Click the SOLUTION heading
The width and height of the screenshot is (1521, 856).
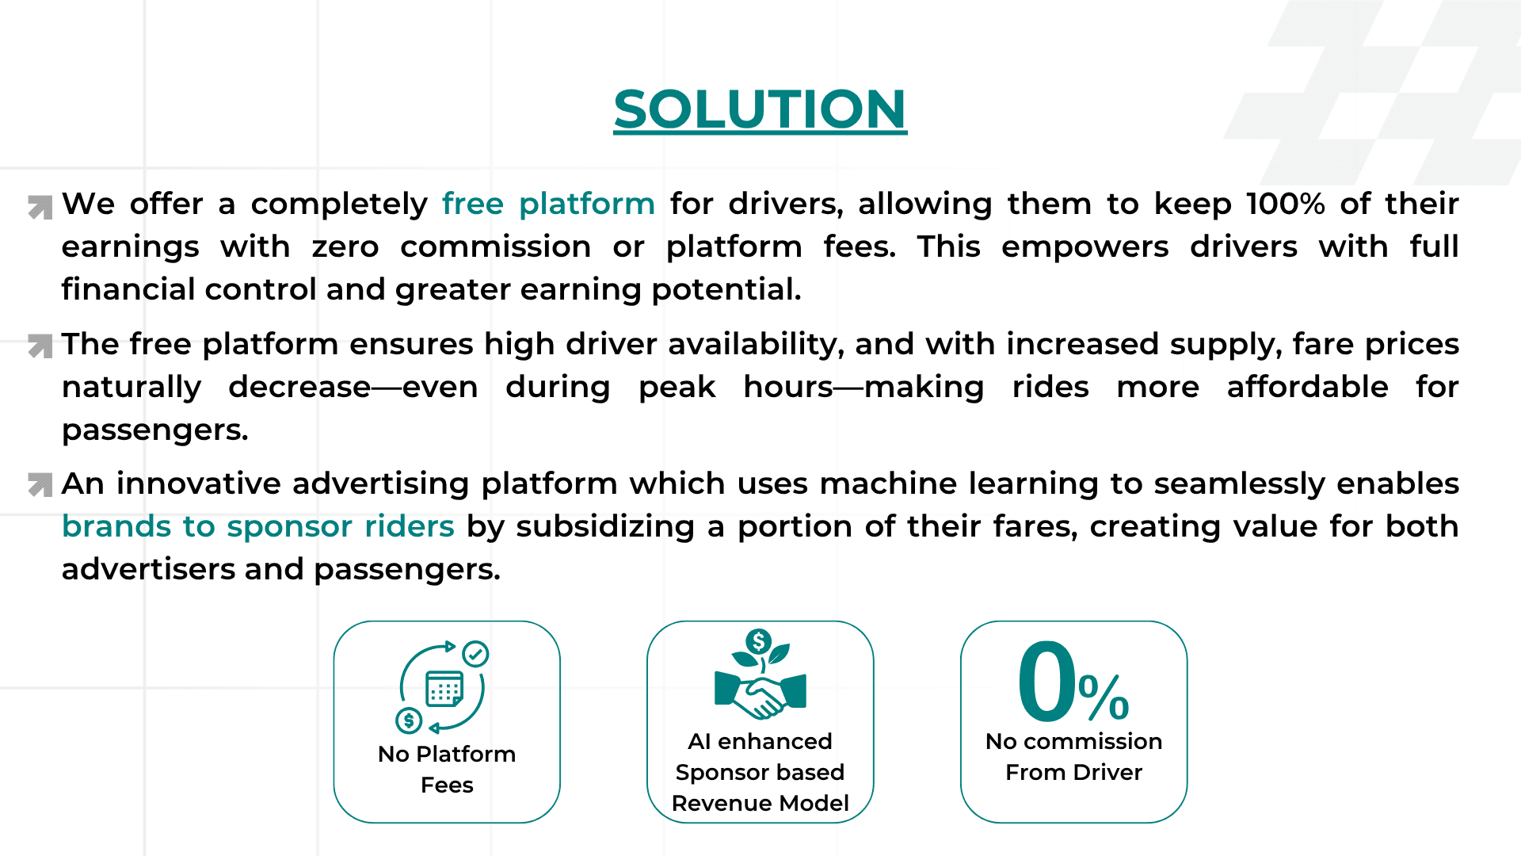point(760,109)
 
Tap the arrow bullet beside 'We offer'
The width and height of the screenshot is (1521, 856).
point(40,207)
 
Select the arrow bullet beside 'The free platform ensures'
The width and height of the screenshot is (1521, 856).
point(40,346)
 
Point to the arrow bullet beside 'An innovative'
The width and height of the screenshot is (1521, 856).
point(40,484)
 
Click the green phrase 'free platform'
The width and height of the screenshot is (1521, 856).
point(548,204)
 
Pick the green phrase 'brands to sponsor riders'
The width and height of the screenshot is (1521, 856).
point(258,527)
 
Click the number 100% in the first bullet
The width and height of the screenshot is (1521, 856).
point(1285,204)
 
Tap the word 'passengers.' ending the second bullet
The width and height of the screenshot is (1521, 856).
point(155,430)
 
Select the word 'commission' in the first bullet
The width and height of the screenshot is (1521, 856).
point(495,247)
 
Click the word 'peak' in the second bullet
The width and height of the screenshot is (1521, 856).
point(677,388)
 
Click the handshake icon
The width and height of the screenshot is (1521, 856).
point(760,694)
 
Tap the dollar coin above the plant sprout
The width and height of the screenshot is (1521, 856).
point(759,641)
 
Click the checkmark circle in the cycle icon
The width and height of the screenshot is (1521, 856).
point(475,654)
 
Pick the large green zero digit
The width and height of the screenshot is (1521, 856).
point(1046,682)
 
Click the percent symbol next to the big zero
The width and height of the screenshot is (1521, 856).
point(1104,697)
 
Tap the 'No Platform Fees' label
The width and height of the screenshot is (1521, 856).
point(447,769)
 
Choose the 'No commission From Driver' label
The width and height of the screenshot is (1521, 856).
point(1073,756)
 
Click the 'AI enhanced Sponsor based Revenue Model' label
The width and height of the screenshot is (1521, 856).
point(760,772)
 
